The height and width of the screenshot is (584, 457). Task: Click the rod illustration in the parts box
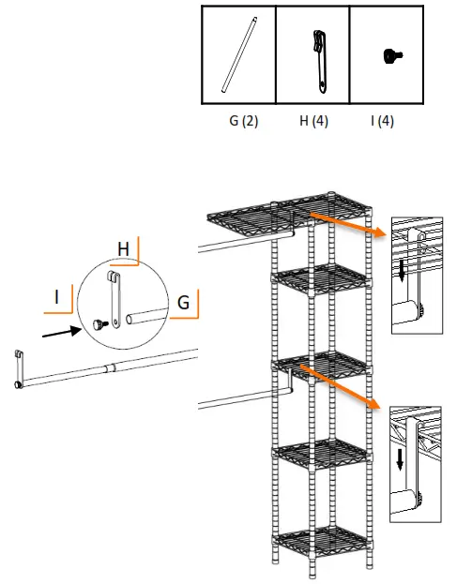pos(238,53)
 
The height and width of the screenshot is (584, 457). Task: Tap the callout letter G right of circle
pos(183,302)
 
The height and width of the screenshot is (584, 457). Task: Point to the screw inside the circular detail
pos(97,324)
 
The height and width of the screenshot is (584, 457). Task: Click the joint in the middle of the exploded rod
pos(110,367)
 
